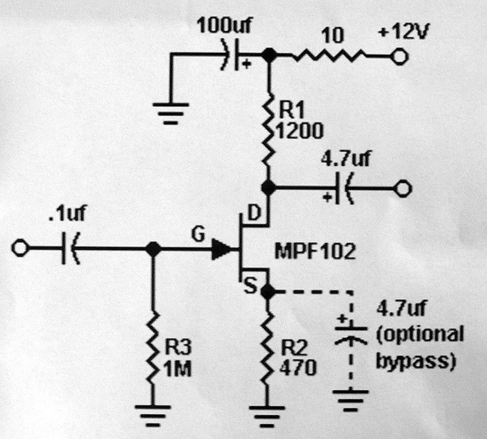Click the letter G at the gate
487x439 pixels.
pos(197,232)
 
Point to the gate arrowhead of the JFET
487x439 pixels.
pos(221,249)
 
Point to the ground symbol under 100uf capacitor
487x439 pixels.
pos(172,113)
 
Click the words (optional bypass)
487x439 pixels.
pos(420,348)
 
